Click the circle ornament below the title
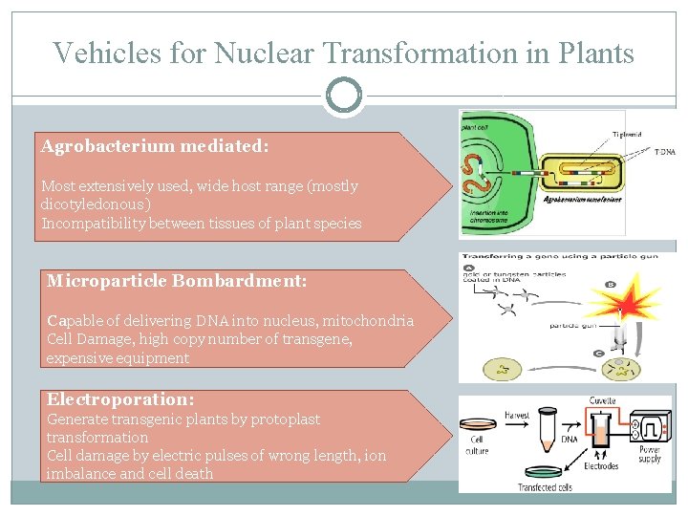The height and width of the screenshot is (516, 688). click(x=344, y=96)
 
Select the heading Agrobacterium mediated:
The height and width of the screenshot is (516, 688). click(x=155, y=147)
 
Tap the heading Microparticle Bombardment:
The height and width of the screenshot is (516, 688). click(x=177, y=282)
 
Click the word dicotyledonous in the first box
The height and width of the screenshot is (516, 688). click(x=94, y=204)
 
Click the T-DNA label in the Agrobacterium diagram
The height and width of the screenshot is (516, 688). click(x=664, y=151)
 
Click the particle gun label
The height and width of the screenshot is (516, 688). click(x=575, y=326)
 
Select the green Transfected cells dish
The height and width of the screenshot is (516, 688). click(x=548, y=475)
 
